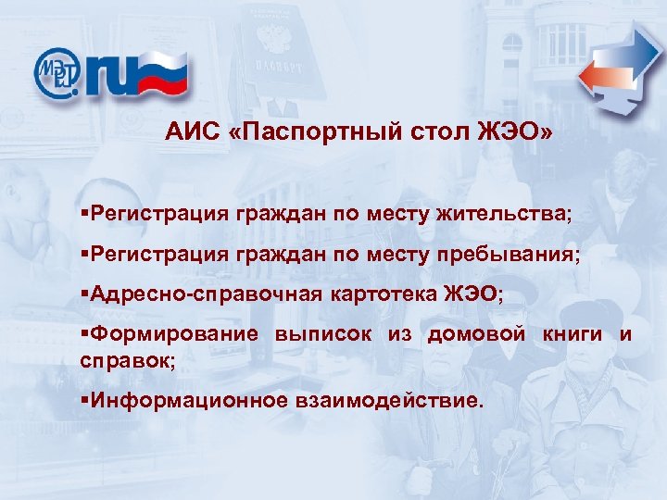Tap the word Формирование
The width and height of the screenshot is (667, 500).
[x=171, y=334]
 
